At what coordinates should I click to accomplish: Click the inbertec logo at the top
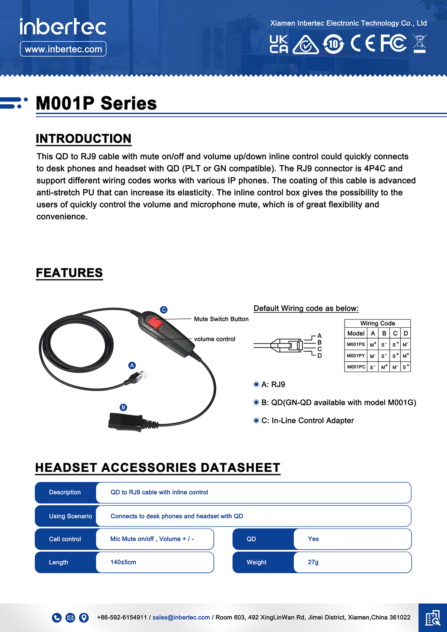click(63, 27)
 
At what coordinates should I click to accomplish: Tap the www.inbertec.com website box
click(63, 49)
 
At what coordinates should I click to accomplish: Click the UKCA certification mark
click(279, 44)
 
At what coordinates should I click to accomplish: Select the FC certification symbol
click(393, 43)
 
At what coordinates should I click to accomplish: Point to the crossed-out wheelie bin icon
click(419, 43)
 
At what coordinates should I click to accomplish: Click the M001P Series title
click(96, 103)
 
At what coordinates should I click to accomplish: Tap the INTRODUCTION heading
click(83, 139)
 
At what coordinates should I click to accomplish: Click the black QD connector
click(125, 422)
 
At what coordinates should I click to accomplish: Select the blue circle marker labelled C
click(164, 309)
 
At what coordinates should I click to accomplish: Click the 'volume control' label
click(215, 339)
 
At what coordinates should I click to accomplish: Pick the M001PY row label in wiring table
click(356, 356)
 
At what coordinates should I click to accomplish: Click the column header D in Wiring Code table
click(406, 333)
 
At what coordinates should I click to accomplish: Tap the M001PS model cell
click(356, 344)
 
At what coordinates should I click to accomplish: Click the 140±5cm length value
click(123, 562)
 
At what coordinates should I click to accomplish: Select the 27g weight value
click(313, 562)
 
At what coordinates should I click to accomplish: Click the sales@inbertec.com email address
click(181, 617)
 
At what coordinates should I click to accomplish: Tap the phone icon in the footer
click(57, 617)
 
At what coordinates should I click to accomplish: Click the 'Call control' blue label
click(65, 539)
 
